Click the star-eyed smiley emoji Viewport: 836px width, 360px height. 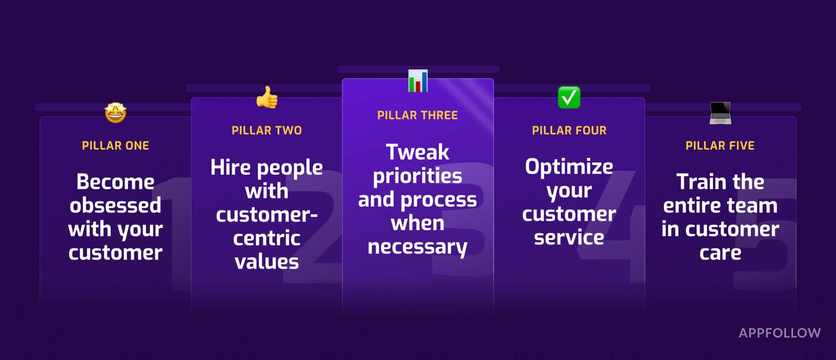(x=115, y=113)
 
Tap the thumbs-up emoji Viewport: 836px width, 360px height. (x=268, y=97)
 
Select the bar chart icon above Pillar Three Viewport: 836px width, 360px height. (x=418, y=81)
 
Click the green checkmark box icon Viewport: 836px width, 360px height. (x=568, y=97)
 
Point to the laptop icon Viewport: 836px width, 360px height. (x=720, y=113)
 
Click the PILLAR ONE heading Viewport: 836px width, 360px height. (x=115, y=146)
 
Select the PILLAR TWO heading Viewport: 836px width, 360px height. (x=266, y=130)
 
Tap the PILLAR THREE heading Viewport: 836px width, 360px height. (x=417, y=115)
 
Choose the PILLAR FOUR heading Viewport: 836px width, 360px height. (x=569, y=130)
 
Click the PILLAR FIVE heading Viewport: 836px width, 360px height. (x=720, y=146)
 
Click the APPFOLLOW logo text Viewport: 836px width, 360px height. (x=780, y=333)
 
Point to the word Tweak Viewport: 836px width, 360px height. (x=417, y=152)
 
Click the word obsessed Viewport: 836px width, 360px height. (x=115, y=205)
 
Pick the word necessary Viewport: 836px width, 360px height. (x=417, y=247)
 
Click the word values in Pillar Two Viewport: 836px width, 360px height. (x=267, y=262)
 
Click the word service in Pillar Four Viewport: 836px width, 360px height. (x=569, y=238)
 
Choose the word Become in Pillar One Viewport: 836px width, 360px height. (x=115, y=182)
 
